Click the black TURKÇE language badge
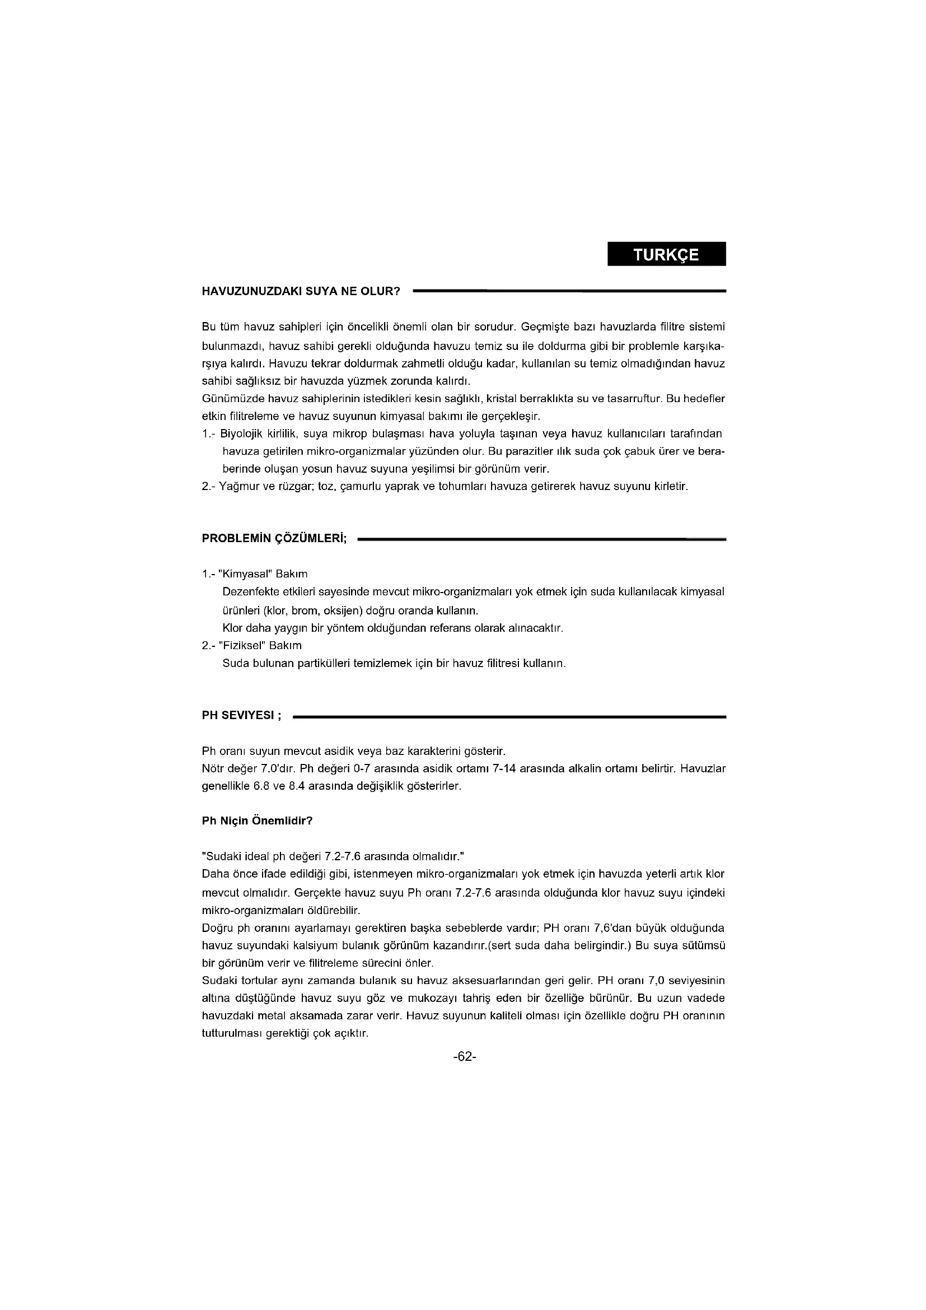tap(666, 254)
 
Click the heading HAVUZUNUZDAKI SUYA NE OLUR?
tap(301, 292)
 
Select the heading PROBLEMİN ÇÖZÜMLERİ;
tap(275, 539)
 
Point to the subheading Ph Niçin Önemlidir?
tap(257, 821)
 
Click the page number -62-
tap(464, 1057)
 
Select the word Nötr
tap(213, 768)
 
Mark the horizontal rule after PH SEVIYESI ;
tap(508, 717)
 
